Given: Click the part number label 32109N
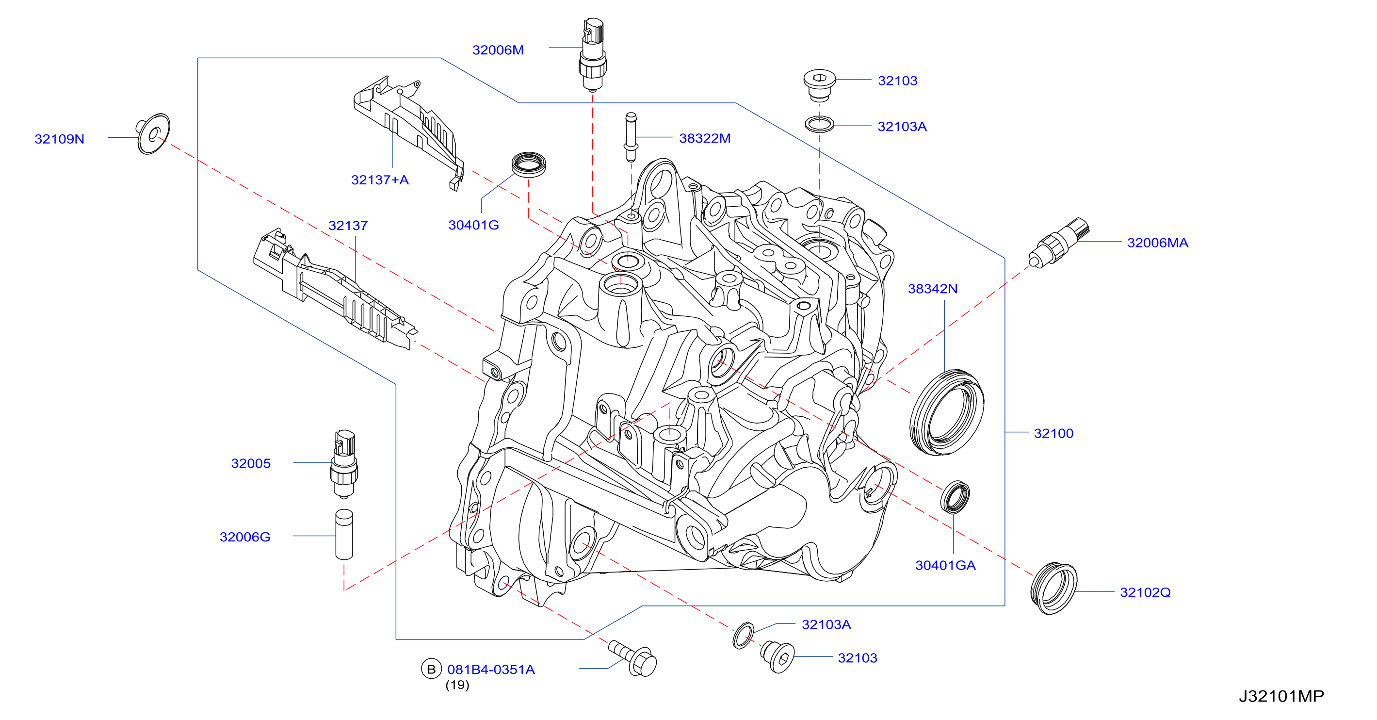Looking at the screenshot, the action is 59,139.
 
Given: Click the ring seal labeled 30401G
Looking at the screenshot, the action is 529,164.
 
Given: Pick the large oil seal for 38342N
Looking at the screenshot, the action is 947,412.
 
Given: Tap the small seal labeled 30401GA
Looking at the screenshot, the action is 955,497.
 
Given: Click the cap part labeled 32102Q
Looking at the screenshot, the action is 1053,589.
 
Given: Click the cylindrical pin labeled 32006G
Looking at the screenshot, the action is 344,534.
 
